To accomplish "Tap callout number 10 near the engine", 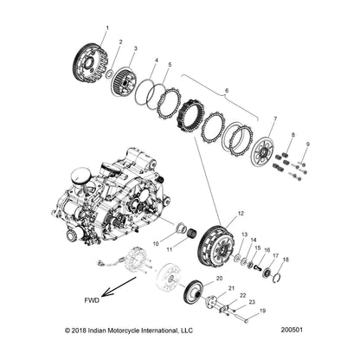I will point(157,243).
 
